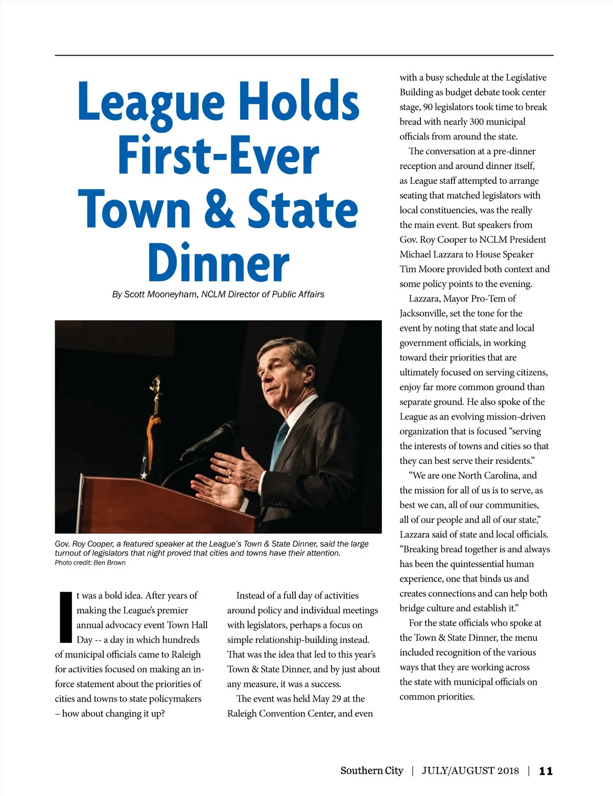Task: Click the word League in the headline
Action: pos(151,102)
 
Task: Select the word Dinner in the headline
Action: pos(219,263)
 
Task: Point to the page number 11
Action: pos(546,771)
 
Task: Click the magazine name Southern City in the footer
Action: pos(371,770)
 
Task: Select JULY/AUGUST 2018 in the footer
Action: pos(470,771)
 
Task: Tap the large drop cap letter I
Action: pos(66,617)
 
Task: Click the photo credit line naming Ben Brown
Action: pos(90,563)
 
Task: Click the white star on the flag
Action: pos(144,475)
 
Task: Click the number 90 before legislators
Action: pos(428,107)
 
